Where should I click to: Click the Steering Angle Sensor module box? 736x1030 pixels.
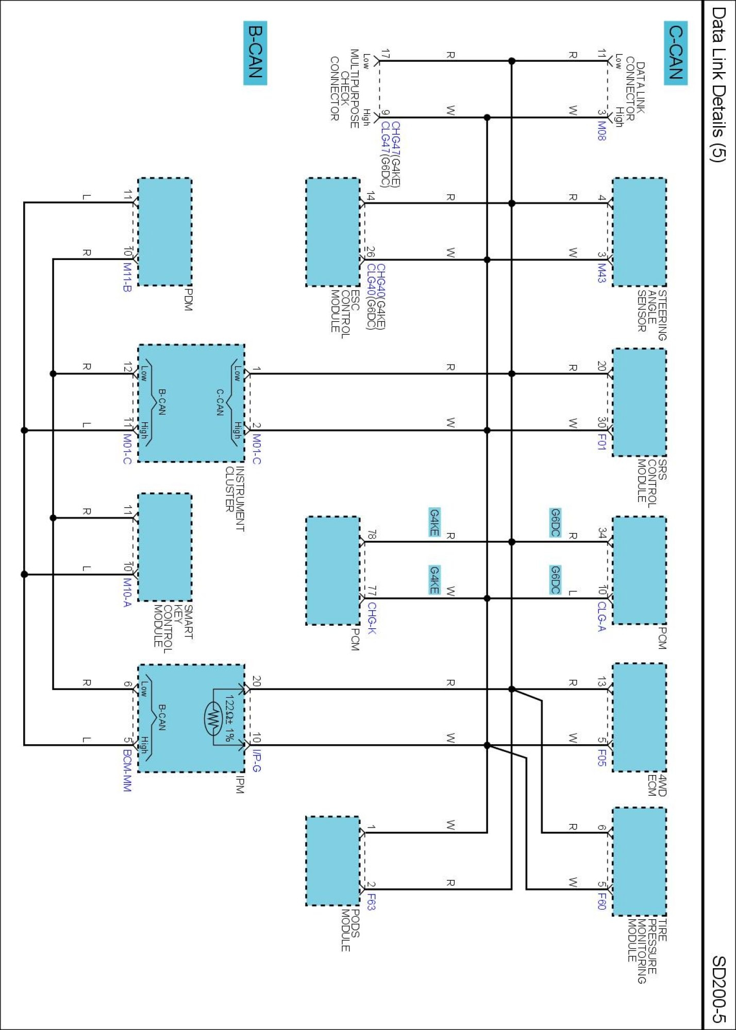(639, 232)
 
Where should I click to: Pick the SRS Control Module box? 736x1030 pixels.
(639, 402)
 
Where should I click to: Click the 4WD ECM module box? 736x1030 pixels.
(639, 717)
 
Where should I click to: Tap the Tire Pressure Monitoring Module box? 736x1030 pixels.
(639, 862)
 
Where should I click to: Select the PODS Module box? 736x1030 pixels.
(333, 861)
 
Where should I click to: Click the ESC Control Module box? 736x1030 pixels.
(333, 232)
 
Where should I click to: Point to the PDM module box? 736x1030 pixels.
(165, 232)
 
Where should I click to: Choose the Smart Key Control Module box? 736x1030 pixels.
(165, 547)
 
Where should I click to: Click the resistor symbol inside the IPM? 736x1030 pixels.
(213, 717)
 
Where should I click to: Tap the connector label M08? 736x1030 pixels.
(601, 131)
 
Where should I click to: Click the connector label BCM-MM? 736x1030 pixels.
(127, 770)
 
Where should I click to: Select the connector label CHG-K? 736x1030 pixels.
(372, 618)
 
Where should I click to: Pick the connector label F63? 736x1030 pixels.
(372, 902)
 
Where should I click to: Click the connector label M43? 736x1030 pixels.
(601, 273)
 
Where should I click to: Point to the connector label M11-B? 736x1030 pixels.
(127, 277)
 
